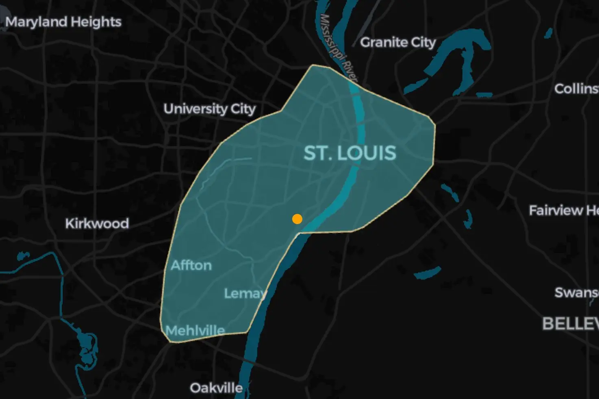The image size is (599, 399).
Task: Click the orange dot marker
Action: point(297,219)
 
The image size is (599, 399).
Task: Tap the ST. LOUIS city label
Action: point(349,153)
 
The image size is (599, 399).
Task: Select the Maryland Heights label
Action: point(63,22)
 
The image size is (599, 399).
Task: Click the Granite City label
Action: point(397,42)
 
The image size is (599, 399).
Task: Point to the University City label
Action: point(209,109)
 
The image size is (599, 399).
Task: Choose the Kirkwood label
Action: point(97,223)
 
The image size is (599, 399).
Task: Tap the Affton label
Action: point(191,266)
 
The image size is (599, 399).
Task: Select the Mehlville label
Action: point(195,330)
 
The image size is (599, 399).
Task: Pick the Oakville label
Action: point(216,388)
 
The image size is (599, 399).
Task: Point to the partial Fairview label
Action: point(563,210)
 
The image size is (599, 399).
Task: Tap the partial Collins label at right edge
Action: point(576,89)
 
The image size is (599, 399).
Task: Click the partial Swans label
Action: point(576,292)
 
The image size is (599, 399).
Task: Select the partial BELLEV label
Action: point(570,324)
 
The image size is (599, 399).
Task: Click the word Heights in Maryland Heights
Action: point(96,22)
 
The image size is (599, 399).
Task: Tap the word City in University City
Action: point(243,109)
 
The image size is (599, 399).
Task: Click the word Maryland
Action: point(36,22)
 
